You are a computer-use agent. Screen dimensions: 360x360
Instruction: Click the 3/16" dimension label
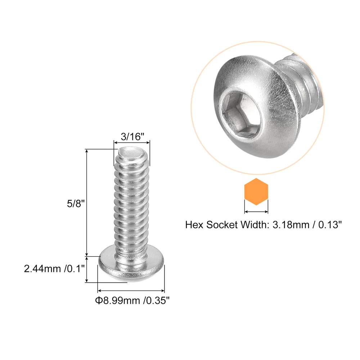coord(132,136)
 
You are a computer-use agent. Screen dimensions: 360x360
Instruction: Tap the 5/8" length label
coord(76,204)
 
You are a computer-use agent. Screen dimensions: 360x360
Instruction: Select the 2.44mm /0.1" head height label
coord(54,269)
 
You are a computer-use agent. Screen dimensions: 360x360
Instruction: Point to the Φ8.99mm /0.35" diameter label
coord(132,300)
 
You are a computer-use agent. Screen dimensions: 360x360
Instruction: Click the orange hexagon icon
coord(256,192)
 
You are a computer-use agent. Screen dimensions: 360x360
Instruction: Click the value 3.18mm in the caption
coord(291,225)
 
